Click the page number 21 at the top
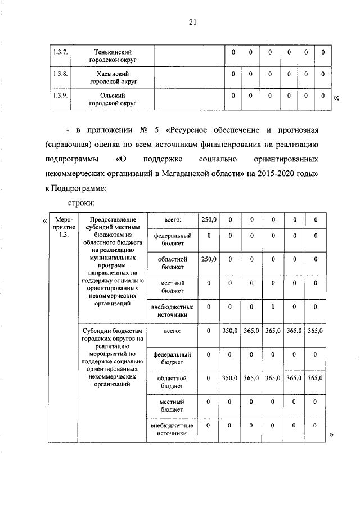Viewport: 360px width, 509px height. tap(192, 22)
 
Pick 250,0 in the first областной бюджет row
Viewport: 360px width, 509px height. tap(208, 259)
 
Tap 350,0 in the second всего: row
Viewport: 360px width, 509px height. tap(229, 332)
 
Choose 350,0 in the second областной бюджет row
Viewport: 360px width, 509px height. tap(229, 379)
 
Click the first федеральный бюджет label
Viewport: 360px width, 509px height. tap(171, 239)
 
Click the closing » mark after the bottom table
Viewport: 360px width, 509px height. tap(331, 435)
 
